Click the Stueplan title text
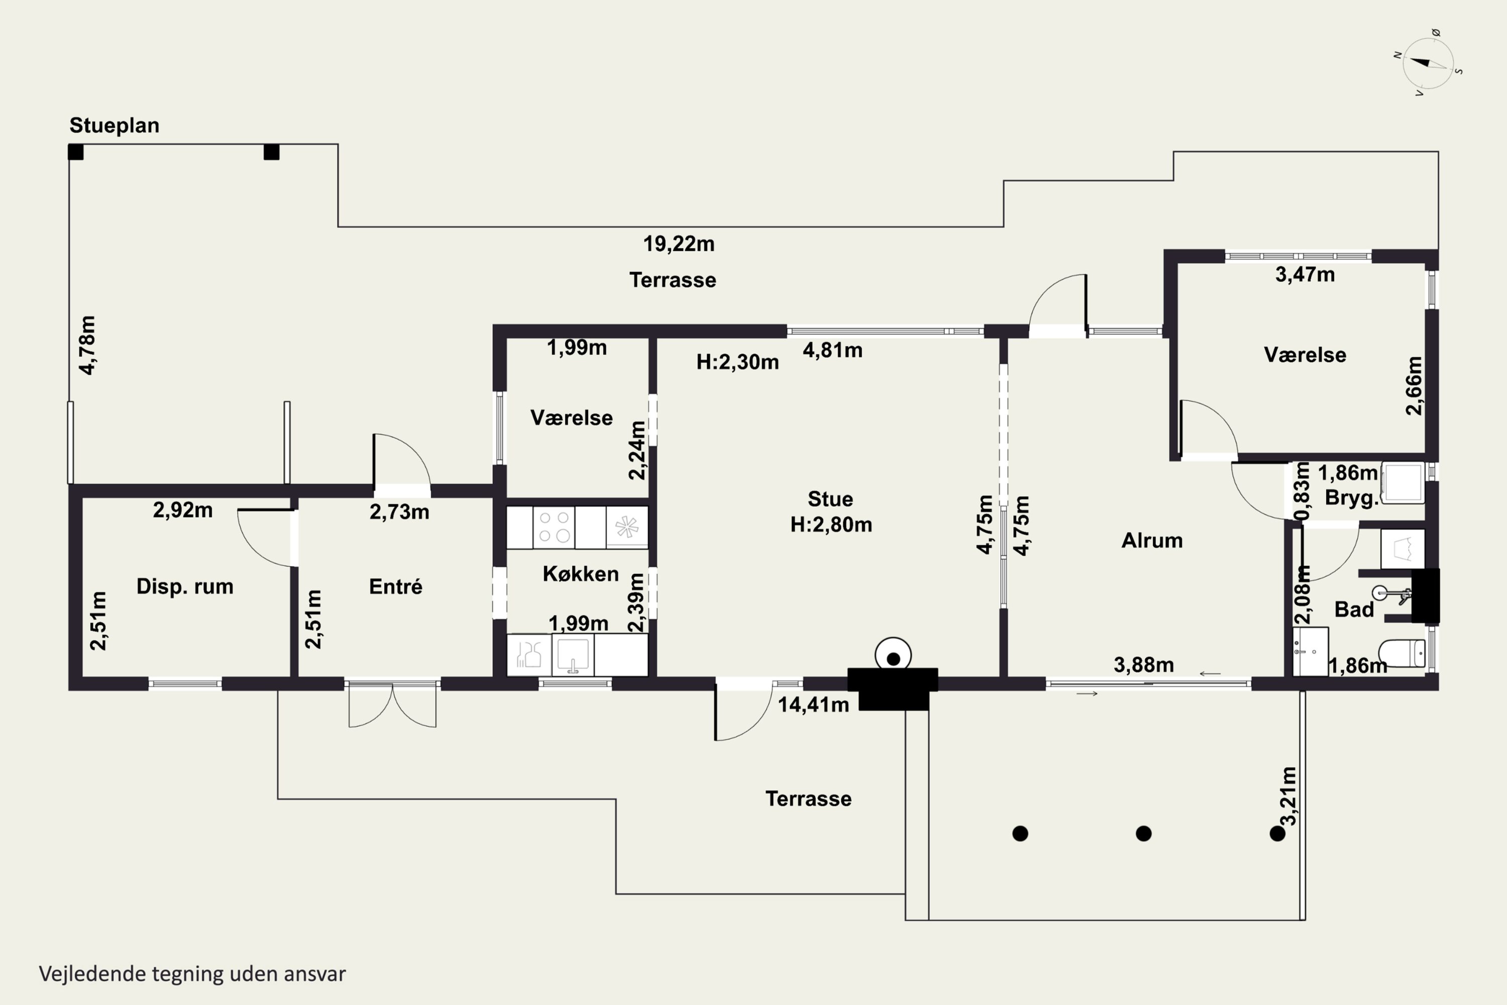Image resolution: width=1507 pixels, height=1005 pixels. [114, 126]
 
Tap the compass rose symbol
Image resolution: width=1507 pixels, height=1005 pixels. [1428, 63]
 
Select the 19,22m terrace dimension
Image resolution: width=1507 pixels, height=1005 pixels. [679, 244]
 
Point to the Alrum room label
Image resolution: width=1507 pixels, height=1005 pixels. [1151, 540]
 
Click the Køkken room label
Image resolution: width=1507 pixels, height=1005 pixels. [581, 574]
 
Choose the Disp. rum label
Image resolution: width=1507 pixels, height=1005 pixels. [184, 586]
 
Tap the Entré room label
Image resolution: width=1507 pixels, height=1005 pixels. [395, 586]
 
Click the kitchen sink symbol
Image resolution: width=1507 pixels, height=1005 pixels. [573, 654]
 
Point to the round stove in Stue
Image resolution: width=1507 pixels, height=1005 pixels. [893, 655]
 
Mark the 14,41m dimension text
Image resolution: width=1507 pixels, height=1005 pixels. [813, 705]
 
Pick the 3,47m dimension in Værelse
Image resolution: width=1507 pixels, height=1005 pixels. [1305, 275]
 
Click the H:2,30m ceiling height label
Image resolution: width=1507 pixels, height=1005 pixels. [737, 362]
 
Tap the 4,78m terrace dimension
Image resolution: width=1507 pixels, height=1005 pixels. [87, 345]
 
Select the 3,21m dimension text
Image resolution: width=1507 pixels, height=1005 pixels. [1288, 796]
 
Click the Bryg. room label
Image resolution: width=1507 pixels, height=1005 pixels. [1351, 498]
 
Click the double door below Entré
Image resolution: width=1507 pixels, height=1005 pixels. [392, 705]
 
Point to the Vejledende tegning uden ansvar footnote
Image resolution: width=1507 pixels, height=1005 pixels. [192, 974]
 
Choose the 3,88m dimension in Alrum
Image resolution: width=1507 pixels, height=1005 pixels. [1144, 665]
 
